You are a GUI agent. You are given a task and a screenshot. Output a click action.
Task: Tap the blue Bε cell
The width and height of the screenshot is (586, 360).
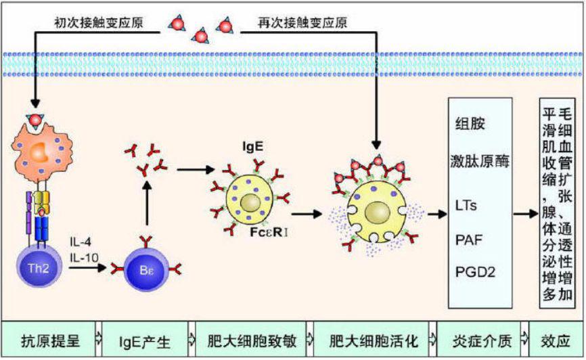146,269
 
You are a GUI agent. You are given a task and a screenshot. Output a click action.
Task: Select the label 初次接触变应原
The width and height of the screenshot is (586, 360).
99,22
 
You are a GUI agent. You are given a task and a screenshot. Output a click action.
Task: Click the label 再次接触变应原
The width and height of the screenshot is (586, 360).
302,22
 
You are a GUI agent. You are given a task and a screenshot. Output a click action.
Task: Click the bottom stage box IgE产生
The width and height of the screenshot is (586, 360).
148,341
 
